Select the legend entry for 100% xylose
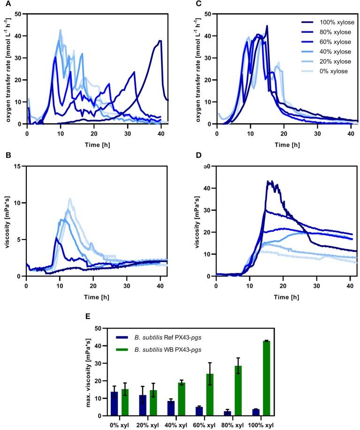click(x=326, y=23)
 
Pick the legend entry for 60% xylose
click(x=326, y=42)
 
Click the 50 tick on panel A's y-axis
click(x=19, y=14)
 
